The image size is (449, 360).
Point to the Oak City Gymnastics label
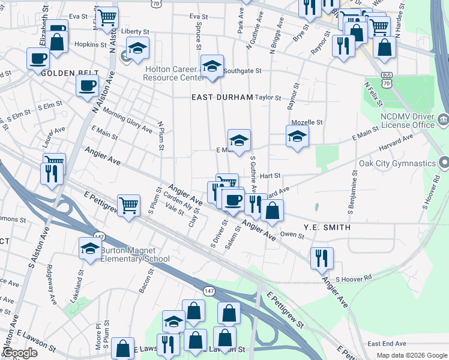[x=397, y=163]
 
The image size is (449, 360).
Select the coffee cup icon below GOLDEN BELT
[x=88, y=85]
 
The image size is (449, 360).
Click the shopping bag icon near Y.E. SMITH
[x=273, y=211]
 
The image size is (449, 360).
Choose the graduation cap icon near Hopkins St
[x=137, y=48]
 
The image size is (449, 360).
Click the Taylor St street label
[x=268, y=97]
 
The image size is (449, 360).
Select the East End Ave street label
[x=387, y=344]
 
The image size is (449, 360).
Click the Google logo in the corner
[x=20, y=353]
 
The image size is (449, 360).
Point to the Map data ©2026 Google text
[x=411, y=355]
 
